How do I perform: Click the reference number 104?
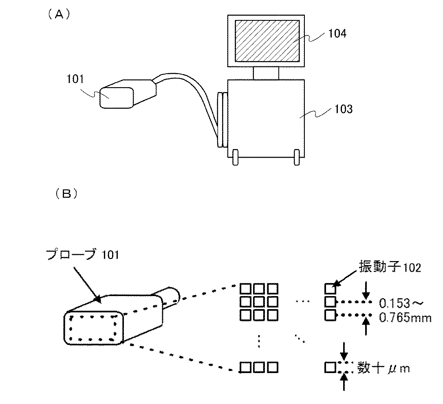coord(337,34)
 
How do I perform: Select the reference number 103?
coord(343,109)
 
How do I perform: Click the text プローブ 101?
coord(82,255)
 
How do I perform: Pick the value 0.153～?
coord(401,303)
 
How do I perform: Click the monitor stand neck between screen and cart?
coord(266,73)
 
